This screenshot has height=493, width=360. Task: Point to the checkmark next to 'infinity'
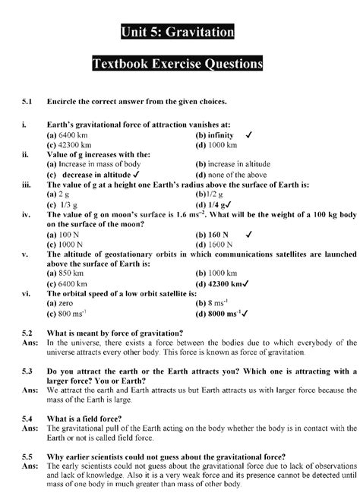(x=249, y=134)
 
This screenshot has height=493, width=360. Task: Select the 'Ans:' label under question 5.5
(x=30, y=466)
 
